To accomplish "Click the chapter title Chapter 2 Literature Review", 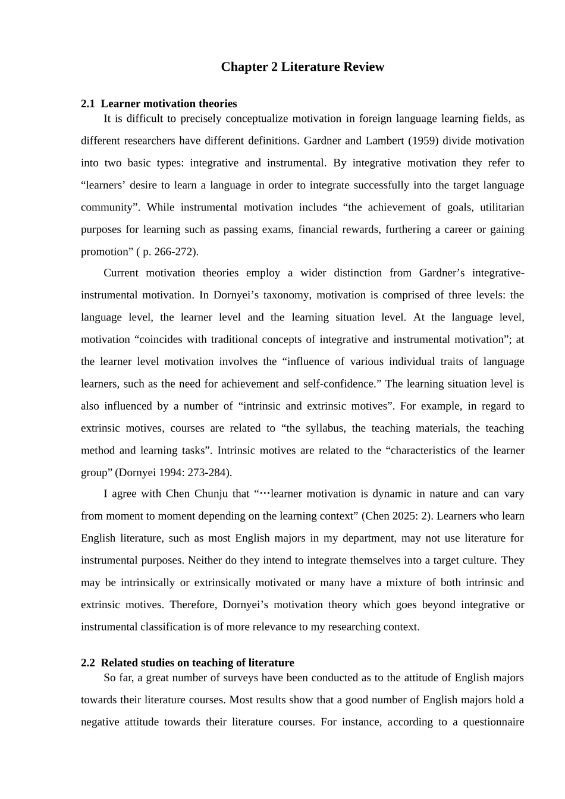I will (x=302, y=67).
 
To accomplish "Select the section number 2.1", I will (x=87, y=103).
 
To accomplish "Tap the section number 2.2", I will (x=87, y=662).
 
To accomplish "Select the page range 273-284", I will (x=207, y=473).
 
